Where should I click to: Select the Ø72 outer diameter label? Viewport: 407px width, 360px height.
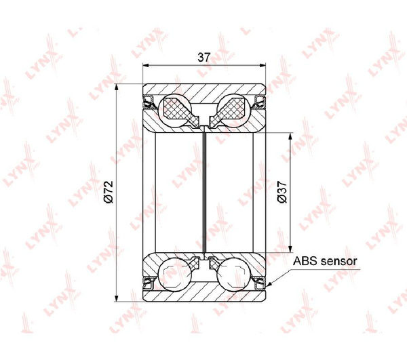click(x=109, y=191)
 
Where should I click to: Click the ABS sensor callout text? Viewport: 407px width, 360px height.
click(x=324, y=260)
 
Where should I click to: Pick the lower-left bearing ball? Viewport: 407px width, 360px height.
click(x=173, y=275)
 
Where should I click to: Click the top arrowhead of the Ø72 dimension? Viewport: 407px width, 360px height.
click(x=118, y=85)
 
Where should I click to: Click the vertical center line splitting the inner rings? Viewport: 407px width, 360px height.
click(x=204, y=191)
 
